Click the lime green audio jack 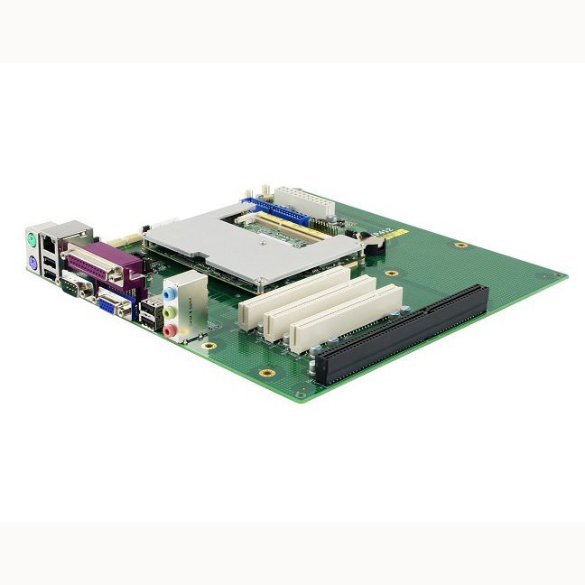169,312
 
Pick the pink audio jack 170,330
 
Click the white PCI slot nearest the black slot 346,319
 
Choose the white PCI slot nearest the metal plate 292,288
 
